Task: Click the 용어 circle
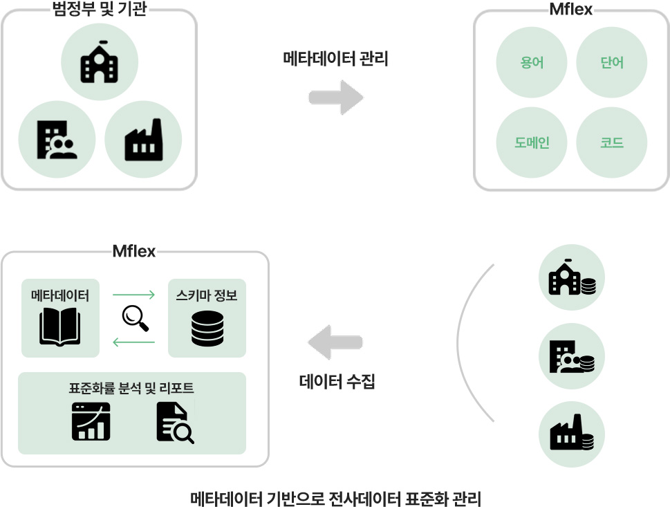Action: click(532, 62)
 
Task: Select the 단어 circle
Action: click(611, 62)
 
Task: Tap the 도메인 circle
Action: click(532, 142)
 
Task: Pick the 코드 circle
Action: click(611, 142)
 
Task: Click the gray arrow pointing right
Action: click(336, 98)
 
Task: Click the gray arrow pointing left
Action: click(335, 342)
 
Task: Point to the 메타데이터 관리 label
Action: click(335, 59)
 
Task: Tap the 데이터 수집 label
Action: click(337, 381)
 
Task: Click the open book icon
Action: click(60, 327)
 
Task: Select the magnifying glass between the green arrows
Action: click(135, 318)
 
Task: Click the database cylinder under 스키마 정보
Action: click(207, 329)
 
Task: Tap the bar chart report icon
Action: click(91, 421)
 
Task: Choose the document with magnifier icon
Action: click(175, 423)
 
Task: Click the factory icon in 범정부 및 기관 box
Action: click(144, 140)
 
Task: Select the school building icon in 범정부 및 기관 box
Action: click(99, 62)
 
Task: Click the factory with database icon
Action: click(572, 432)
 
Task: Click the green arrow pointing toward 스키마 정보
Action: click(133, 295)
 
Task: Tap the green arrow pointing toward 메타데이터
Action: click(133, 342)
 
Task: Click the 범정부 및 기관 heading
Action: click(99, 8)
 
